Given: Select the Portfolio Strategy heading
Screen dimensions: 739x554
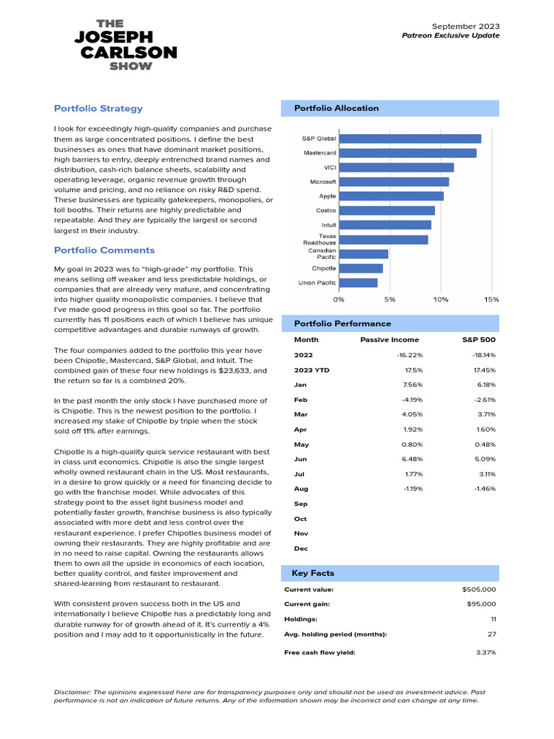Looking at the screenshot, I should click(x=98, y=108).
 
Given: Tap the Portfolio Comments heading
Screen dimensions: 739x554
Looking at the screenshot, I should click(x=104, y=250).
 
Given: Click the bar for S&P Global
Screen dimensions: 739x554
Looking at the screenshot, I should click(x=409, y=139).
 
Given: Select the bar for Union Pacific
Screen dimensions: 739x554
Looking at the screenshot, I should click(x=358, y=283).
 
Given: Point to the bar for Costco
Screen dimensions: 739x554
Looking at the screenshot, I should click(x=386, y=211).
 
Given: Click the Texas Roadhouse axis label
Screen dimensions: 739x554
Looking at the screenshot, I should click(x=318, y=240).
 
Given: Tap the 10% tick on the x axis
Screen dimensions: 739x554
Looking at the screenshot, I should click(x=440, y=299).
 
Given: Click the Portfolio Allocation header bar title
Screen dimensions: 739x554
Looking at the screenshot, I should click(x=336, y=108).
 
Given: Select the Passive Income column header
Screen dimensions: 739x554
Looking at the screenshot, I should click(x=389, y=339).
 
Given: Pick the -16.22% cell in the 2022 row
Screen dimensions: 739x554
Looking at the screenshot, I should click(x=409, y=355).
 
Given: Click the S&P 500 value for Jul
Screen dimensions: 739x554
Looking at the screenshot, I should click(x=485, y=474).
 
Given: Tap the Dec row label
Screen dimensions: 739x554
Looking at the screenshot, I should click(x=301, y=548).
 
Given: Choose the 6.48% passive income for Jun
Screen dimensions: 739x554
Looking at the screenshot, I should click(x=410, y=459).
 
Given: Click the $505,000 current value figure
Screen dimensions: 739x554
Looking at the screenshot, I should click(x=479, y=589).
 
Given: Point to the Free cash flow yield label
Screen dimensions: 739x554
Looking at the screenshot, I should click(x=320, y=652).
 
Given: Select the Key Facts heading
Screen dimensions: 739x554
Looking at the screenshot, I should click(x=312, y=573).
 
